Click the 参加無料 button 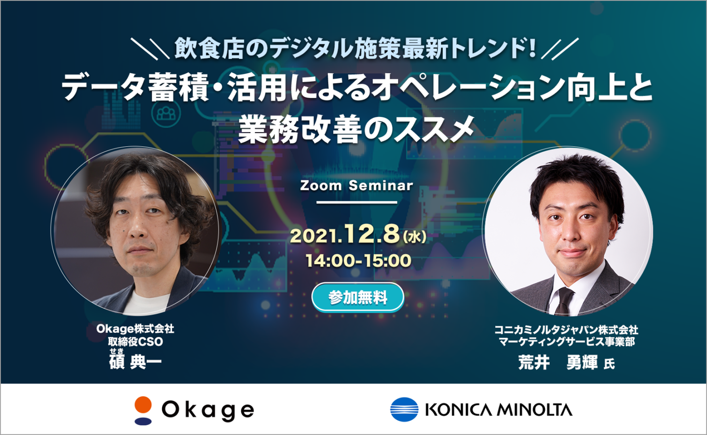(357, 298)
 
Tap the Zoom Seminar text (356, 186)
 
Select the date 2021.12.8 (345, 235)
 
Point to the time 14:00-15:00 (358, 261)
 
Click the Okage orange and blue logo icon (143, 410)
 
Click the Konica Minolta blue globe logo (405, 409)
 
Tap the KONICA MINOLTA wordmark (498, 410)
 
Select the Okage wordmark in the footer (208, 410)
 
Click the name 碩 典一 (135, 362)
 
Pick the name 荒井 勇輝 (558, 362)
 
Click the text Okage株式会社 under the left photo (135, 329)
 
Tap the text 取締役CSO (136, 342)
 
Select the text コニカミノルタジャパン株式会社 (566, 330)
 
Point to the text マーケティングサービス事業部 (567, 342)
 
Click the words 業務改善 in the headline (299, 129)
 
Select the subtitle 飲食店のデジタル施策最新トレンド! (355, 49)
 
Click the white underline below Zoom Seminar (356, 202)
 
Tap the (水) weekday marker (414, 237)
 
